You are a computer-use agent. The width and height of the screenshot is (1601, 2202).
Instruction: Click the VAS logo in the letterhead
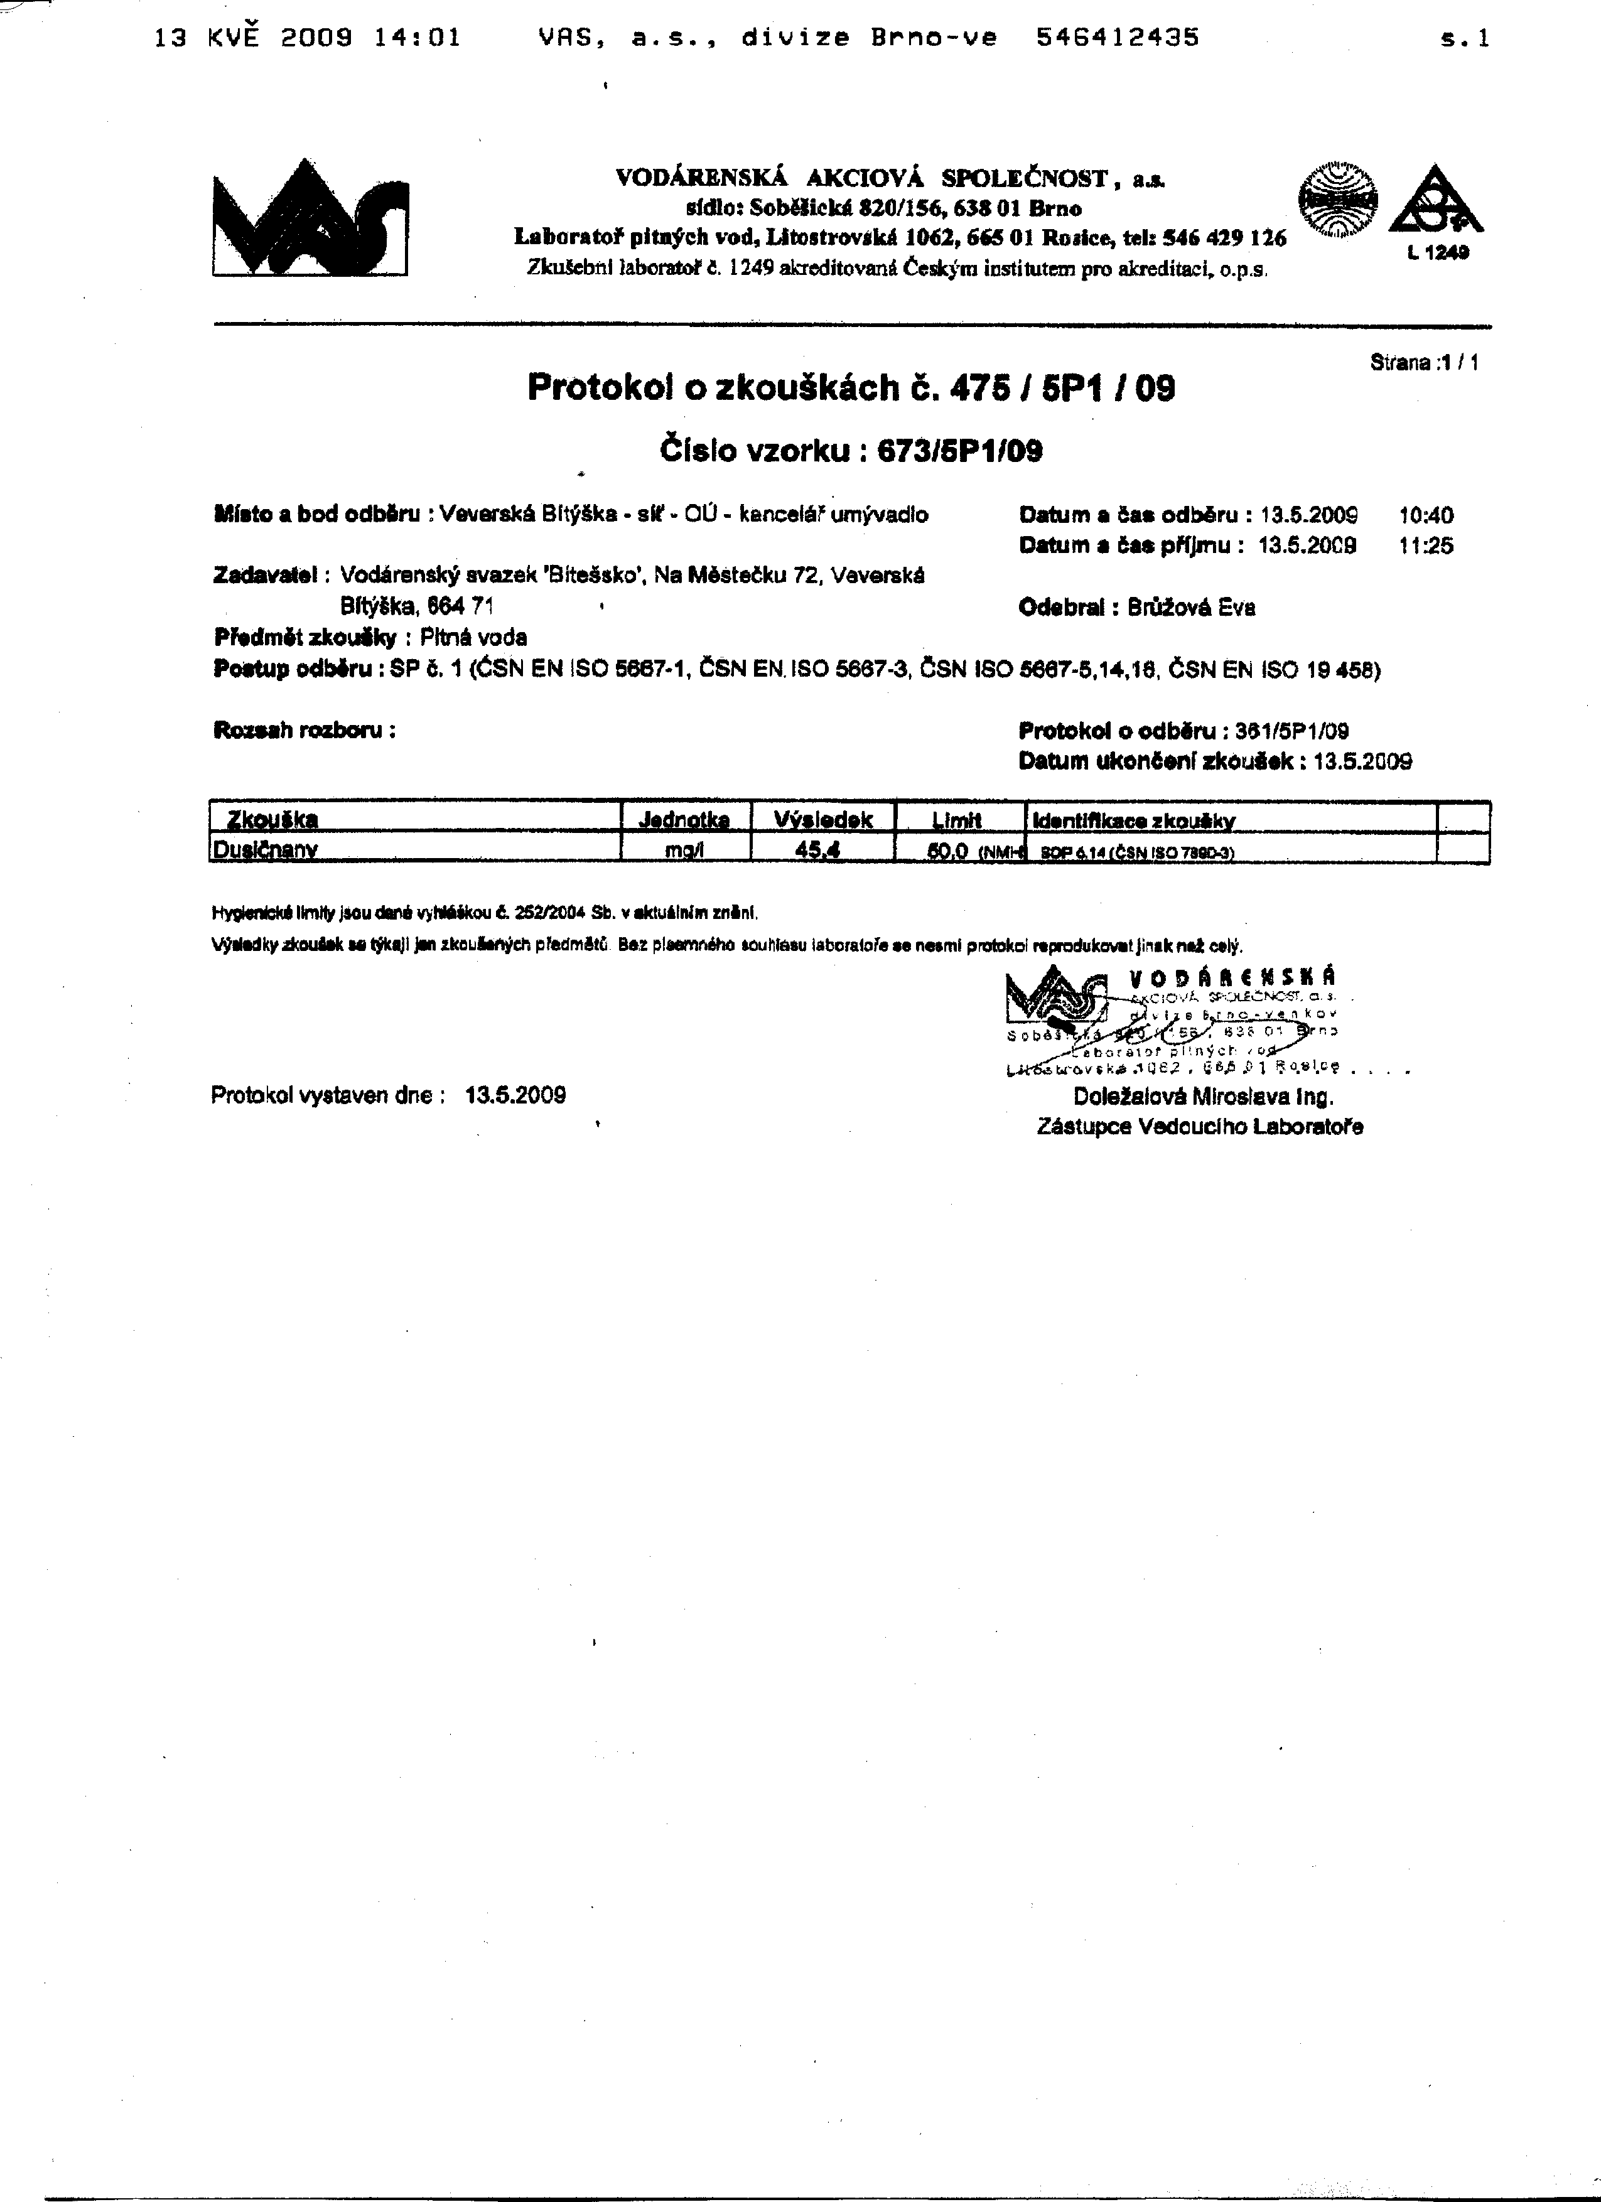click(x=310, y=220)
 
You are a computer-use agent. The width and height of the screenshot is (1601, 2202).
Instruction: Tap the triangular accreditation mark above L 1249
click(x=1435, y=201)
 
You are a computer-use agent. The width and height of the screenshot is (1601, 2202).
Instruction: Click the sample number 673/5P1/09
click(x=959, y=451)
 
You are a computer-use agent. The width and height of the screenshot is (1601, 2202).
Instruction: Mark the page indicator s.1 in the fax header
click(x=1466, y=39)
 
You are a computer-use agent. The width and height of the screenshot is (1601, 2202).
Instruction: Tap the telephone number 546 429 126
click(x=1226, y=238)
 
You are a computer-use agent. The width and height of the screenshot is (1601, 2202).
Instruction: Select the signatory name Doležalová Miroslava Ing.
click(x=1203, y=1097)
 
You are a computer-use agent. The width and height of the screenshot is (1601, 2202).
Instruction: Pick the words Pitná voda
click(x=474, y=638)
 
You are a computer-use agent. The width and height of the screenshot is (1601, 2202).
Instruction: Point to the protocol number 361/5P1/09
click(x=1291, y=731)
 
